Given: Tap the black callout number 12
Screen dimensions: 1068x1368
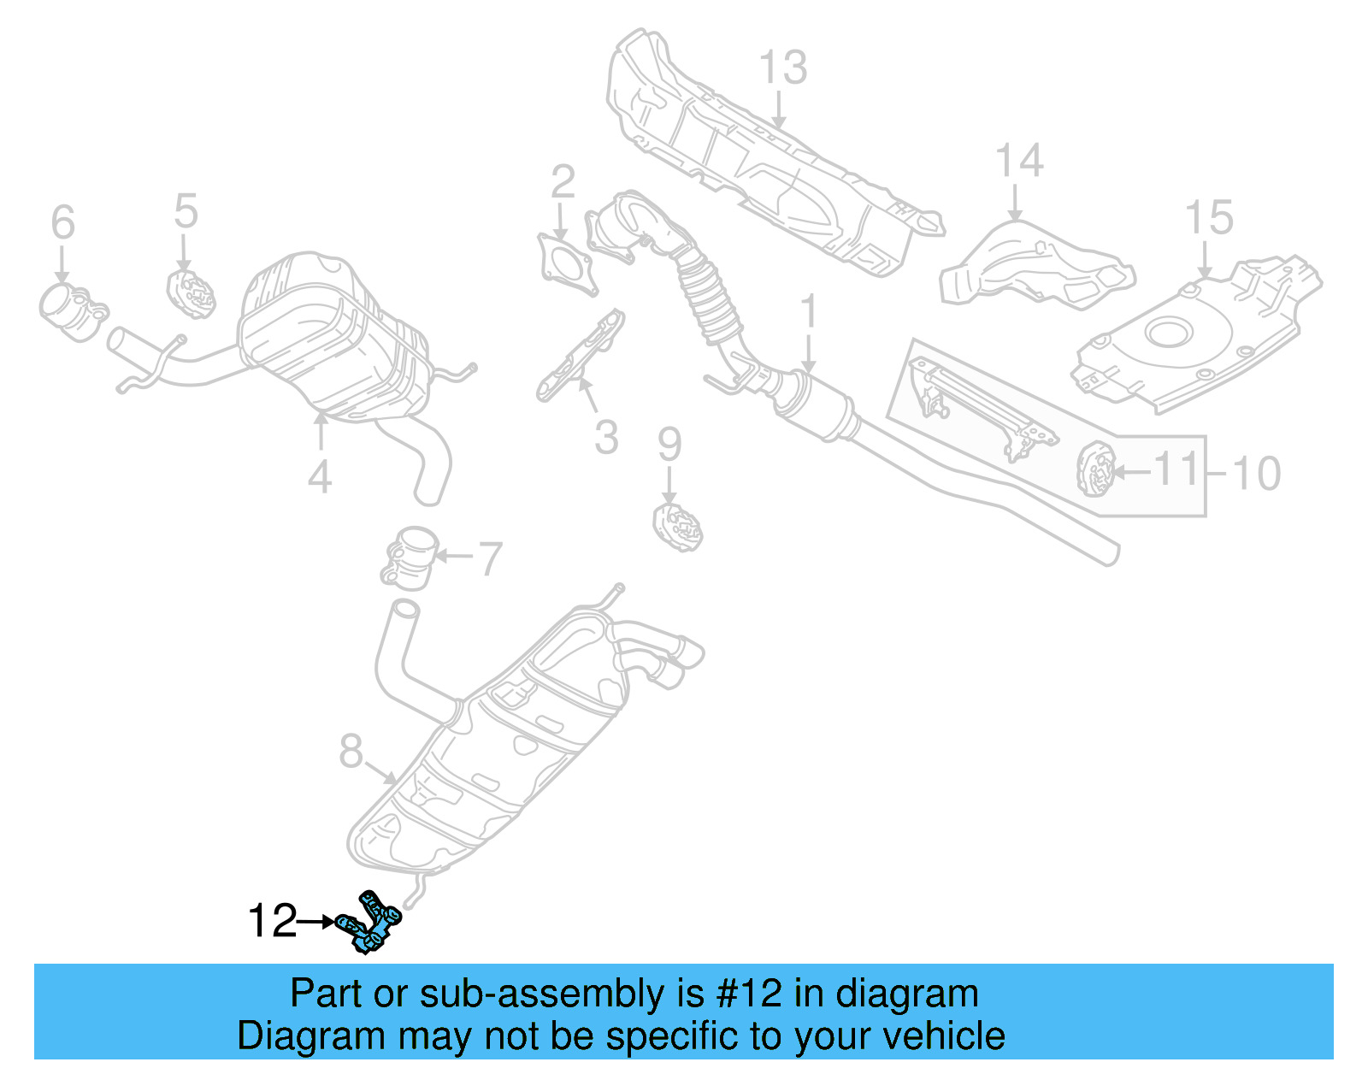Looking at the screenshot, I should (x=271, y=922).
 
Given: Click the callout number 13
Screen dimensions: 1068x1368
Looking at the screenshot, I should (x=782, y=68).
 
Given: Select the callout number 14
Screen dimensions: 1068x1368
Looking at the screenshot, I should (x=1019, y=161).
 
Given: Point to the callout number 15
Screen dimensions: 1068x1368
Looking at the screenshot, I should (x=1208, y=218).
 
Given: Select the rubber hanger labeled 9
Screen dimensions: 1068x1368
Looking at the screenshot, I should (x=677, y=527).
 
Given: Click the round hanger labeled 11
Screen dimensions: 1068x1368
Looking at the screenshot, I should (x=1093, y=469).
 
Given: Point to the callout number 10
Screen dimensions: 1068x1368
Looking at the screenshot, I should (x=1255, y=474).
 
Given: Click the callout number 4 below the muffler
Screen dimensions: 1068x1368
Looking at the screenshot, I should (x=320, y=477).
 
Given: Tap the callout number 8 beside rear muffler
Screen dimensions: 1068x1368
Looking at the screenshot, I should (x=351, y=752).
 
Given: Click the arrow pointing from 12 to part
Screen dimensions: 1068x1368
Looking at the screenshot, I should (x=316, y=922).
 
